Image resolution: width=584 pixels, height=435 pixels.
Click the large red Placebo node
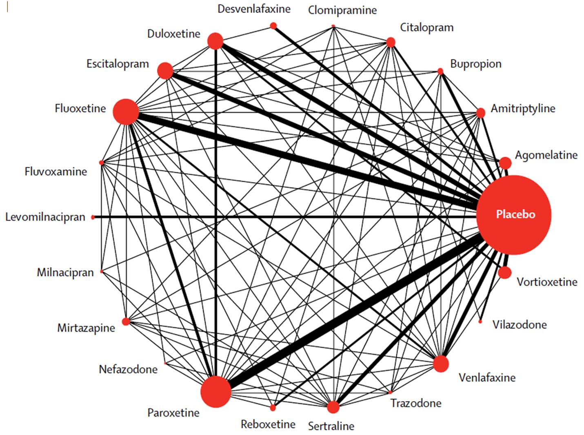[x=513, y=215]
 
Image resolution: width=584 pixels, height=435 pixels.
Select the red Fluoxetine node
[x=126, y=112]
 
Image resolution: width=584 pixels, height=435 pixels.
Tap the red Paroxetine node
[x=215, y=392]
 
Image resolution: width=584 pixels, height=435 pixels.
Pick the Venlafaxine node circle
[x=441, y=364]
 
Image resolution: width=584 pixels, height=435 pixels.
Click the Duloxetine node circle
[x=215, y=41]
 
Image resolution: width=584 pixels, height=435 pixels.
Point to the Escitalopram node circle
[x=165, y=71]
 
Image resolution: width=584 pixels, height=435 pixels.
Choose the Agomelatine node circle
[x=505, y=163]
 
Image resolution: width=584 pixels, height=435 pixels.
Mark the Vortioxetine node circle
[x=505, y=272]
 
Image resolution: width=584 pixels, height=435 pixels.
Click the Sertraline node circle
[x=333, y=407]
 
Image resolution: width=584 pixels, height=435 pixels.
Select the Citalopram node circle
[x=391, y=42]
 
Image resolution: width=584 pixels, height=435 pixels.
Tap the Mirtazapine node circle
[x=126, y=321]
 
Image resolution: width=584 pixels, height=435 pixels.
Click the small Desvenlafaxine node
[x=273, y=26]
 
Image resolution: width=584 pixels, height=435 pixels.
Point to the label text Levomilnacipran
[x=45, y=217]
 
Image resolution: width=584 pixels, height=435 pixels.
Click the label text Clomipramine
[x=342, y=11]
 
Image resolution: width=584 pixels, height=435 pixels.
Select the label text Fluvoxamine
[x=56, y=172]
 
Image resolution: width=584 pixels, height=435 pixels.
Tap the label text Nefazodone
[x=128, y=369]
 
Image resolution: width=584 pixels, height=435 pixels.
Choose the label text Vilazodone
[x=520, y=325]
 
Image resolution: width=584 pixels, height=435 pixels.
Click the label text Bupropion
[x=476, y=64]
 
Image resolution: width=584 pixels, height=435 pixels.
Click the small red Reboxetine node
[x=273, y=408]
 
